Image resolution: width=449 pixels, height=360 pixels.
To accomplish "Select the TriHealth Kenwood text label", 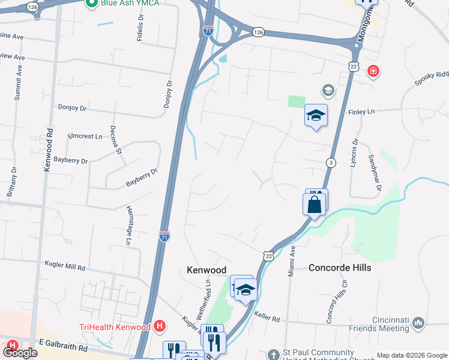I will (115, 327).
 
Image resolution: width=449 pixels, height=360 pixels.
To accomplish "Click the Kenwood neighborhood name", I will (206, 271).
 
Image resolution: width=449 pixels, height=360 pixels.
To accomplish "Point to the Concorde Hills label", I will (340, 268).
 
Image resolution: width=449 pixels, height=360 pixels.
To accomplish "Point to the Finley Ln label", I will (361, 112).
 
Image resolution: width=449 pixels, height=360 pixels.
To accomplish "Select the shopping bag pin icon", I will (315, 205).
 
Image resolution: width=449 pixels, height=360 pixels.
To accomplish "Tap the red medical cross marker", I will (373, 71).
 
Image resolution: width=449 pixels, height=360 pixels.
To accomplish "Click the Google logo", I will (20, 353).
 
